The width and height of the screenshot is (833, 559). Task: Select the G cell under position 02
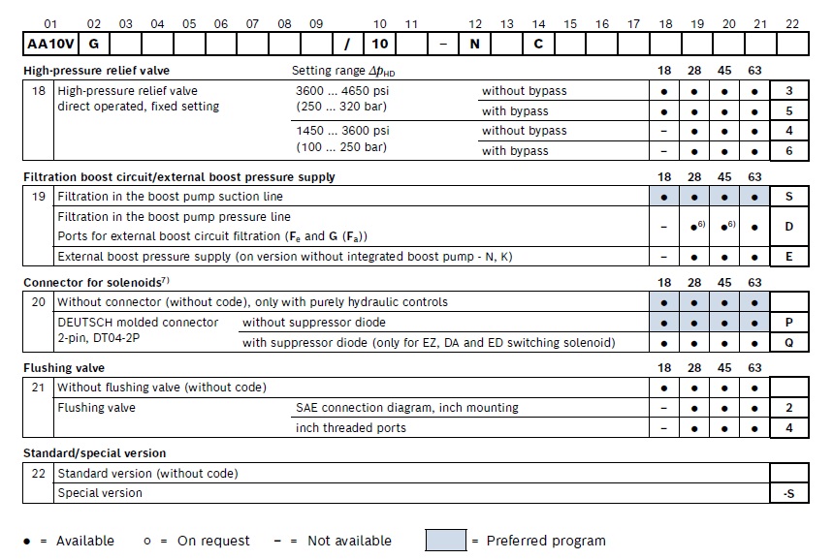coord(93,44)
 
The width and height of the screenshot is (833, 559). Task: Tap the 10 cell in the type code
coord(380,44)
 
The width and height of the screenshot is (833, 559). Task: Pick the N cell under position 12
coord(475,44)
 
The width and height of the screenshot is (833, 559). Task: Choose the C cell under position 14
coord(538,44)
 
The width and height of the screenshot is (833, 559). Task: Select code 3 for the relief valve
coord(788,91)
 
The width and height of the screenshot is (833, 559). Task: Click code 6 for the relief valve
coord(788,151)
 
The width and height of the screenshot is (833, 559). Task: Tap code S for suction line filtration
coord(788,197)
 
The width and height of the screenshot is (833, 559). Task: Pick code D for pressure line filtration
coord(788,226)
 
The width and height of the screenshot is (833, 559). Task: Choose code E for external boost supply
coord(788,257)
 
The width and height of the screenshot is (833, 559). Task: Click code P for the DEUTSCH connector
coord(788,323)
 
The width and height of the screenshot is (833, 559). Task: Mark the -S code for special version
coord(788,493)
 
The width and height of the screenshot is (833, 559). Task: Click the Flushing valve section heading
coord(64,368)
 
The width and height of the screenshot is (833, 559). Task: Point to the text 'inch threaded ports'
coord(351,428)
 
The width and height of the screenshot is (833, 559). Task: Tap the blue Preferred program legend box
coord(445,541)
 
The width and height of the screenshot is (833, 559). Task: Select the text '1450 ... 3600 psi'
coord(342,131)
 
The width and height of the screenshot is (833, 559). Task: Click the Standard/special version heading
coord(94,453)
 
